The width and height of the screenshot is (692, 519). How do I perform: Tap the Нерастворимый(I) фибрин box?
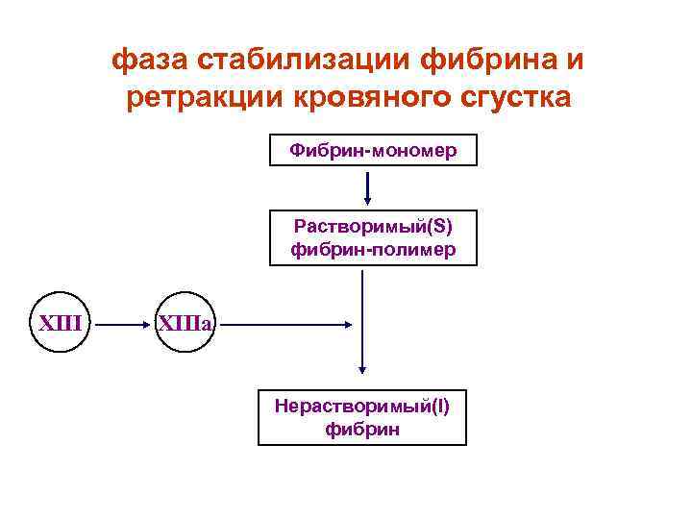click(361, 417)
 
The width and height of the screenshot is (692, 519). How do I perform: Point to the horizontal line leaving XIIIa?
click(288, 325)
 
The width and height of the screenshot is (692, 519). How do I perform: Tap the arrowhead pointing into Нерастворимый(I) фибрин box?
click(363, 366)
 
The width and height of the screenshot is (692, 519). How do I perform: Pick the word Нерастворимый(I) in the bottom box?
click(361, 406)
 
